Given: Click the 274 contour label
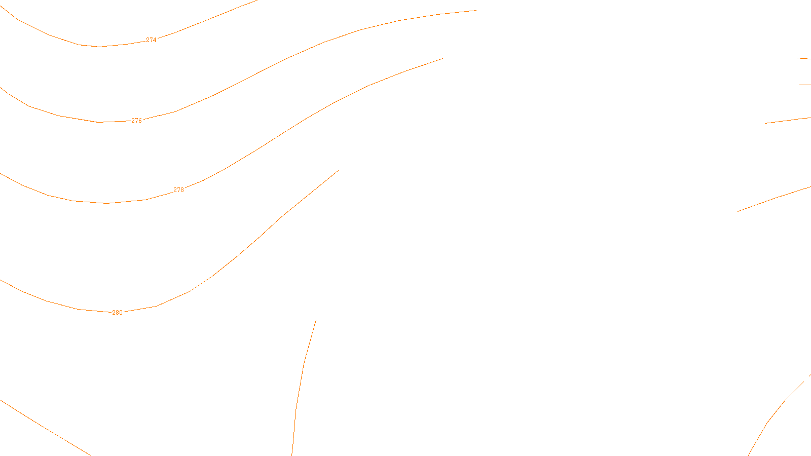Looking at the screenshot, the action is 151,40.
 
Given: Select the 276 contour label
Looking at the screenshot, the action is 137,121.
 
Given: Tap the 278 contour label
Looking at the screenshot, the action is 179,190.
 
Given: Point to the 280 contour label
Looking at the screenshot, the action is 117,313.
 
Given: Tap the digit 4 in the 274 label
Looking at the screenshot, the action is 155,40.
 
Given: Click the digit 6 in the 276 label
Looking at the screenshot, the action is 140,121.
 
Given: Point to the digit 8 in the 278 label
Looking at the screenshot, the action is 182,190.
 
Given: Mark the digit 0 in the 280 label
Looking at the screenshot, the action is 121,313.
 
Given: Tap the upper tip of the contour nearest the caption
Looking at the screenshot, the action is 316,320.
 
